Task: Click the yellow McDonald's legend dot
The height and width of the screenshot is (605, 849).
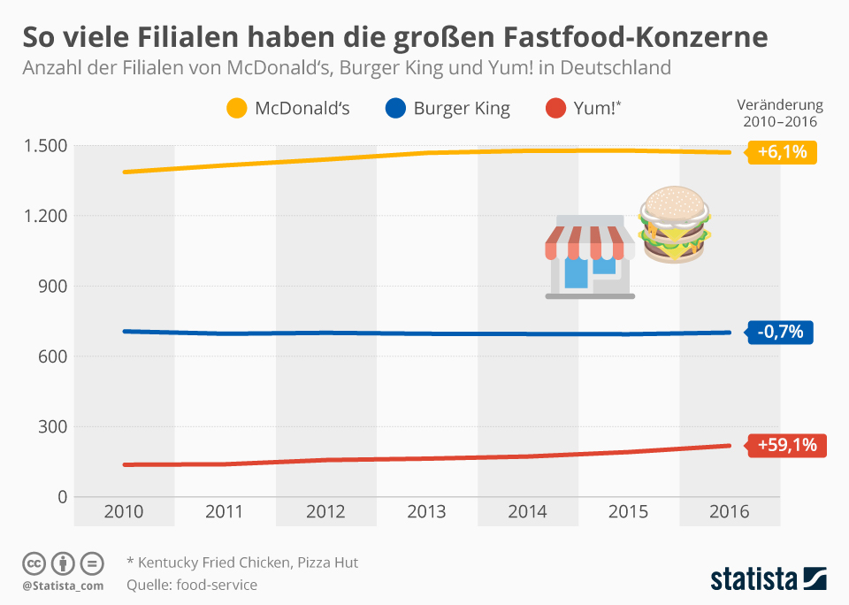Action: point(237,109)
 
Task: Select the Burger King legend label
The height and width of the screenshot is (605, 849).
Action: point(462,109)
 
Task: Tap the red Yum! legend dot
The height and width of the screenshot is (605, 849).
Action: point(555,109)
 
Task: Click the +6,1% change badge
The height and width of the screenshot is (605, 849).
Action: point(782,152)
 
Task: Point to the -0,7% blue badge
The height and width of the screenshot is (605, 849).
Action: point(779,333)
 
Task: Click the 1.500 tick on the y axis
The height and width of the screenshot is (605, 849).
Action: point(44,146)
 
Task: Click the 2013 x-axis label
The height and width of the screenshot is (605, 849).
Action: point(426,511)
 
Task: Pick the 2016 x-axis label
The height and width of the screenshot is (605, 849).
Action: point(730,511)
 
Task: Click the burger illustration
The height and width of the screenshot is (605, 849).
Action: point(676,225)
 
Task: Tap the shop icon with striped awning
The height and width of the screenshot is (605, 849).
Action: point(590,262)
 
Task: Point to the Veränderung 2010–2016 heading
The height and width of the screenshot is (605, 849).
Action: point(779,113)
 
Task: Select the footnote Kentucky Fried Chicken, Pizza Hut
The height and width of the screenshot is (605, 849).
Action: point(242,563)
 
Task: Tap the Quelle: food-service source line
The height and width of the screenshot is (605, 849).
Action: point(192,585)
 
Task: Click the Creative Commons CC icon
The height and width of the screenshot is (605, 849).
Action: point(34,563)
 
